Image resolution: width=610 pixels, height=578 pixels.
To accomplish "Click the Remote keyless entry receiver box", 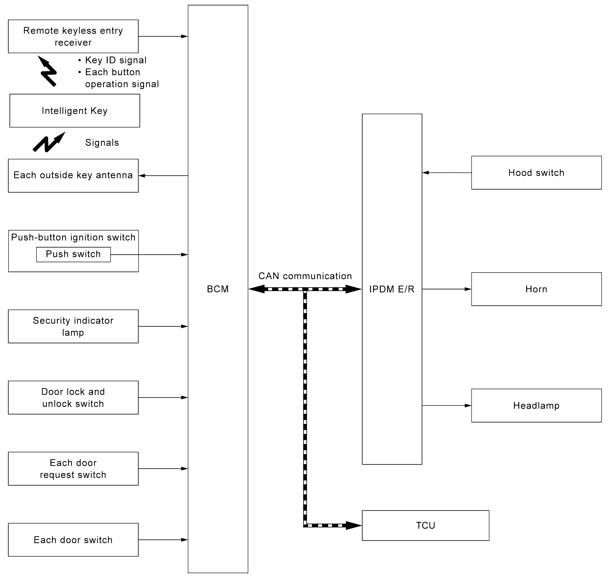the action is click(x=73, y=36).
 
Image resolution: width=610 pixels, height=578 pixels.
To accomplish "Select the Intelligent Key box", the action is click(x=75, y=111).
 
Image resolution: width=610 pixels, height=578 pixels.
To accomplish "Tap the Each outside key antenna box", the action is click(x=73, y=176).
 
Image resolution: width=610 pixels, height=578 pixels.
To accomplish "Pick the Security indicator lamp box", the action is click(x=73, y=326).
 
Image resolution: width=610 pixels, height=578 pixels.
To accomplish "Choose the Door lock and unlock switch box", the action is click(x=73, y=398).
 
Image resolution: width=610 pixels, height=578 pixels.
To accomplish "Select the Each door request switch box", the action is click(x=73, y=469).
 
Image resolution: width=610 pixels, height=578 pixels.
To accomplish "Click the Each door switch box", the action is click(x=73, y=540).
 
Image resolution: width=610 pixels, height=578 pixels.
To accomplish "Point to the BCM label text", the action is click(x=218, y=289).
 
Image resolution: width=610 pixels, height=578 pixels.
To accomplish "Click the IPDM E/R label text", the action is click(x=392, y=289).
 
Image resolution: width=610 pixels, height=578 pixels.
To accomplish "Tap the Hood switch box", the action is click(x=536, y=172).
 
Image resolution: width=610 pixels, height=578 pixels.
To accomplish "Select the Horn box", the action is click(x=536, y=289).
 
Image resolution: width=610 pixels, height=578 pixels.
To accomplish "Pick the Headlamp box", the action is click(x=536, y=406).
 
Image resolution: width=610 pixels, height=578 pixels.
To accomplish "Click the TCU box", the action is click(x=425, y=525).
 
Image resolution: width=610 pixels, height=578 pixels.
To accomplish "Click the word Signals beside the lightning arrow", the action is click(x=102, y=143).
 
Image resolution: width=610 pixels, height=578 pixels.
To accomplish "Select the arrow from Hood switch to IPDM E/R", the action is click(x=447, y=172).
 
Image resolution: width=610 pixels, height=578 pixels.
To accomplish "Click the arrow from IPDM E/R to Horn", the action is click(x=447, y=289).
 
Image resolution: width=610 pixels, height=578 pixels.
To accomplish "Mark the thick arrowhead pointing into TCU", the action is click(x=354, y=525).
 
